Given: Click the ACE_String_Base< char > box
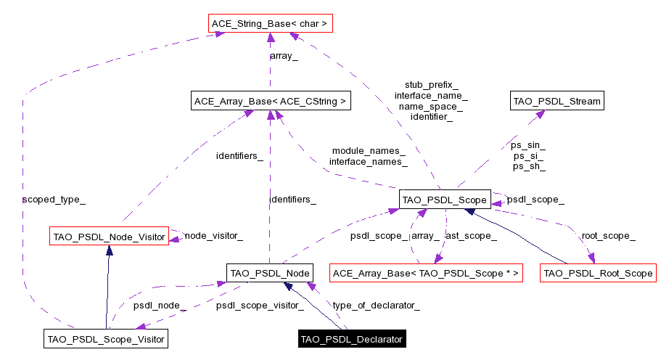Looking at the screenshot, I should pyautogui.click(x=270, y=24).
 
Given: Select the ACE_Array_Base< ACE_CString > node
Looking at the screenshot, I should pyautogui.click(x=270, y=101).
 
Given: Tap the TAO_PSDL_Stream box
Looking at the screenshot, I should pyautogui.click(x=557, y=101).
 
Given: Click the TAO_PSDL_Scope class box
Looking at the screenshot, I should pyautogui.click(x=446, y=199).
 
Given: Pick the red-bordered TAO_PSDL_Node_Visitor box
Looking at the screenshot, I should pyautogui.click(x=109, y=235).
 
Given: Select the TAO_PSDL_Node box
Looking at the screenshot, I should pyautogui.click(x=270, y=273).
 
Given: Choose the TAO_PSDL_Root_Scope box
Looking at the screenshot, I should pyautogui.click(x=598, y=273).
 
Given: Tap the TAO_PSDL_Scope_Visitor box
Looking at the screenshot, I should pyautogui.click(x=106, y=338).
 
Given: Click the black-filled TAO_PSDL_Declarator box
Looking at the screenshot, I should pyautogui.click(x=351, y=339).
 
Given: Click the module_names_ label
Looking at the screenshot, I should pyautogui.click(x=368, y=151).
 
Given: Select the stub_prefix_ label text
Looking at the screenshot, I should pyautogui.click(x=431, y=85).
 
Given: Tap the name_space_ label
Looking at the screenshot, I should pyautogui.click(x=431, y=106).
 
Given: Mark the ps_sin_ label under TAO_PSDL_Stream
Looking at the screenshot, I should pyautogui.click(x=529, y=145).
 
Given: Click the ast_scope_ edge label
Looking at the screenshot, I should pyautogui.click(x=472, y=236).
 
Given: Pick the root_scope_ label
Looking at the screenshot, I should pyautogui.click(x=608, y=236).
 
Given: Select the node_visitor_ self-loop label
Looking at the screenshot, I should pyautogui.click(x=213, y=236).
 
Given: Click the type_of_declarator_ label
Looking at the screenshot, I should pyautogui.click(x=376, y=305).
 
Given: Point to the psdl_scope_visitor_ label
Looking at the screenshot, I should pyautogui.click(x=260, y=305).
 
